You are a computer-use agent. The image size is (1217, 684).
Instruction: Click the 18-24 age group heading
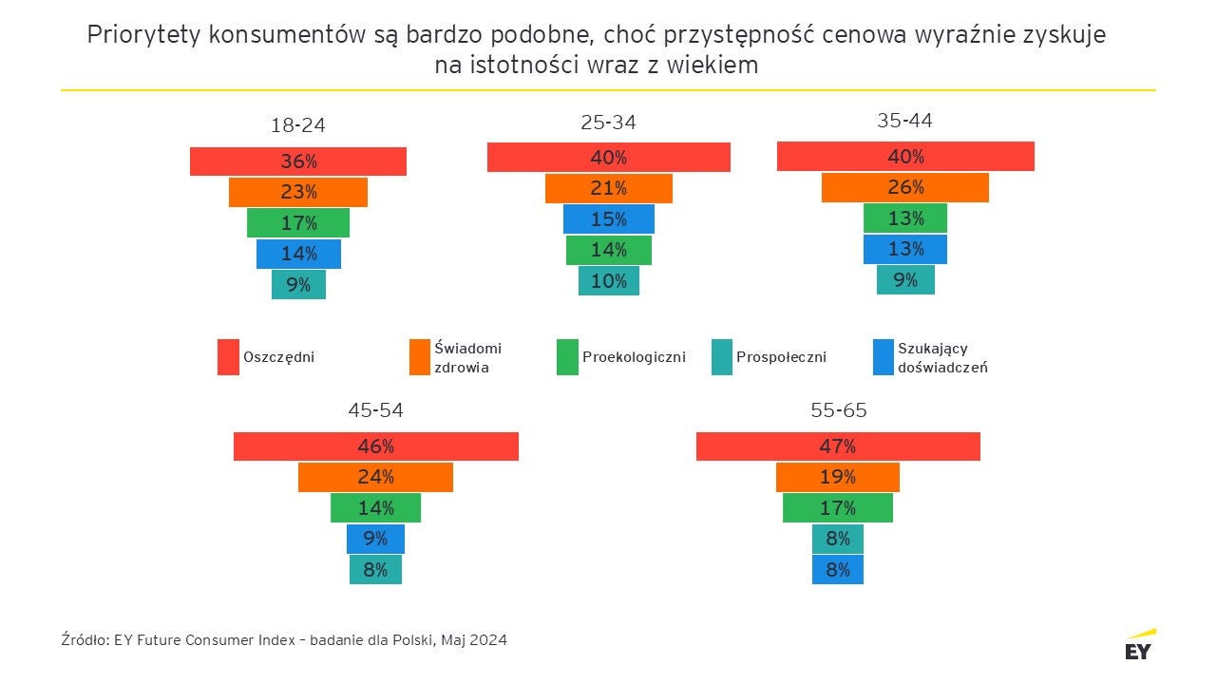[298, 125]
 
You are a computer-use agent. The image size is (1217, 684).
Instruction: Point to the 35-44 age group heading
[904, 121]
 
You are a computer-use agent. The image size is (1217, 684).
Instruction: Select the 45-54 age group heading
[375, 410]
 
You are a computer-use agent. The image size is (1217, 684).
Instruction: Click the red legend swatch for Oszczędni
[228, 357]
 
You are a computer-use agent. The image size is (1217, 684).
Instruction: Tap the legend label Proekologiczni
[634, 357]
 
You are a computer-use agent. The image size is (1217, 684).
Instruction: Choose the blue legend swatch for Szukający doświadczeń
[883, 357]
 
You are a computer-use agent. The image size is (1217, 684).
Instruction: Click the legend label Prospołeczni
[781, 357]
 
